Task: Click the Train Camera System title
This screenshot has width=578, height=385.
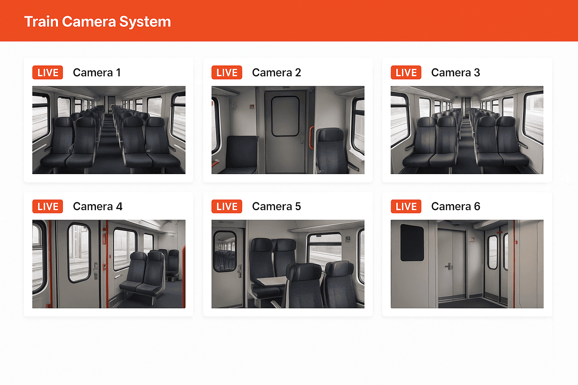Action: click(97, 21)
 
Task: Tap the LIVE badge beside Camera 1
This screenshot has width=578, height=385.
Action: click(47, 73)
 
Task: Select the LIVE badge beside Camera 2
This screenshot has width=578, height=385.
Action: click(227, 73)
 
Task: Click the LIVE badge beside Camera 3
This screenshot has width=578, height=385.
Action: click(406, 73)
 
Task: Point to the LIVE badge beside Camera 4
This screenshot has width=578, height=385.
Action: click(47, 206)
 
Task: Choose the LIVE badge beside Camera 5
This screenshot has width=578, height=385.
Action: click(227, 206)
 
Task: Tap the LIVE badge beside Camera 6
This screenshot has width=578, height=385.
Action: click(406, 206)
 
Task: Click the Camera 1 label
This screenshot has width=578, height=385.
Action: click(97, 73)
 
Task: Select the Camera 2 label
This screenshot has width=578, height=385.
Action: click(276, 73)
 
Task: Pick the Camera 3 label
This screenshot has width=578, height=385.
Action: click(455, 73)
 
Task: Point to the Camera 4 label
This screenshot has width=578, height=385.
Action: click(97, 206)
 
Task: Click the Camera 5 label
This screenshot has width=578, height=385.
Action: click(276, 206)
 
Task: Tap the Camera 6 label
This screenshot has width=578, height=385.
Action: click(455, 206)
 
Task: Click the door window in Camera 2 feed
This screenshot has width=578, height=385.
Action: click(285, 116)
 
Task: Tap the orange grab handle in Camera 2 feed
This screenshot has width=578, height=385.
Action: click(311, 138)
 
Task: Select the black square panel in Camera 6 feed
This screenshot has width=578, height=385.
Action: click(412, 243)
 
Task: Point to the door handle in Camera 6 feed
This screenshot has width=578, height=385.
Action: click(449, 267)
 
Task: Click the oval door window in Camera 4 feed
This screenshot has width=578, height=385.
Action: click(79, 253)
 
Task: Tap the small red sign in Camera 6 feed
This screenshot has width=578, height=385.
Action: click(472, 239)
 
